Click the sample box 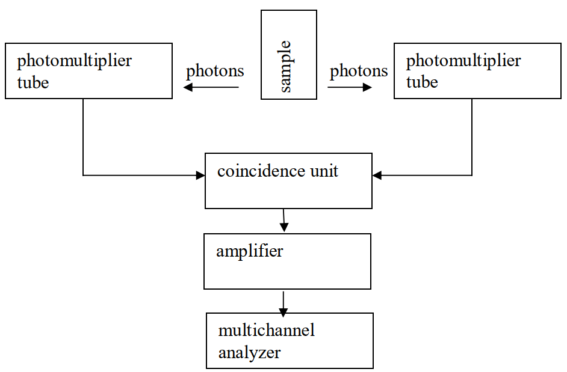point(288,54)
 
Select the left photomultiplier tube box point(88,71)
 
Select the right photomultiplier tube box point(477,71)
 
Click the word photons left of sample point(215,71)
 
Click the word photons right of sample point(359,71)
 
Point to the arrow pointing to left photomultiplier point(211,88)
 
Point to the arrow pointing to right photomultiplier point(350,88)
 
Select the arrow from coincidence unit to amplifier point(284,220)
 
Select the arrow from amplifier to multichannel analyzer point(283,303)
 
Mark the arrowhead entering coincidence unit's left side point(200,175)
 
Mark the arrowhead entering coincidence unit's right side point(377,175)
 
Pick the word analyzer point(249,352)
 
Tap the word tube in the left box point(33,82)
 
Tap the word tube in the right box point(422,82)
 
